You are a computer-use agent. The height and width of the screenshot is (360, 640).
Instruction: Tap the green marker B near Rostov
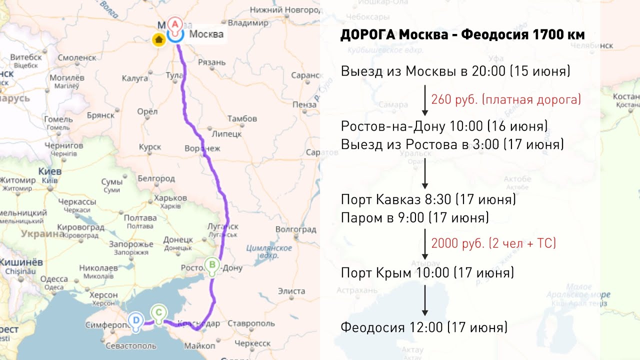click(x=212, y=265)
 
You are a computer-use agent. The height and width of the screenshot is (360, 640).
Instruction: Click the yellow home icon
click(x=159, y=39)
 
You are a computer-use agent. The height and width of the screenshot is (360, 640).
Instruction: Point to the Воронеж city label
click(x=202, y=148)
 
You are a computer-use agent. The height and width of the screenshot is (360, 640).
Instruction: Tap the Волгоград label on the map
click(x=296, y=229)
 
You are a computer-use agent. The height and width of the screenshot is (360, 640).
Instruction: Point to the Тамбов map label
click(x=242, y=118)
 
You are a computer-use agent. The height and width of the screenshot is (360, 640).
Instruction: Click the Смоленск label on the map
click(x=76, y=57)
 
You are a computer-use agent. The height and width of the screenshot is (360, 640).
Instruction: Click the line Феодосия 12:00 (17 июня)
click(x=424, y=327)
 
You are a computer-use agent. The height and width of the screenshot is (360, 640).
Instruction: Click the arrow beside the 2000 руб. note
click(x=424, y=244)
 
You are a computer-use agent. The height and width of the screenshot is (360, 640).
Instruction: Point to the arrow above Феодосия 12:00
click(x=424, y=299)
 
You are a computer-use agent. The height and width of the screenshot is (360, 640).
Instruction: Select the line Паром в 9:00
click(x=414, y=218)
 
